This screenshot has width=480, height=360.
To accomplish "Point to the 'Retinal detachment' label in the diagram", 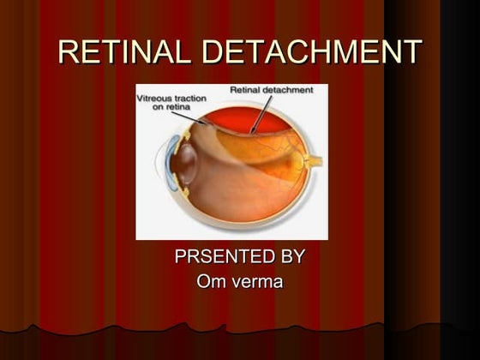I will click(x=271, y=89).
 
